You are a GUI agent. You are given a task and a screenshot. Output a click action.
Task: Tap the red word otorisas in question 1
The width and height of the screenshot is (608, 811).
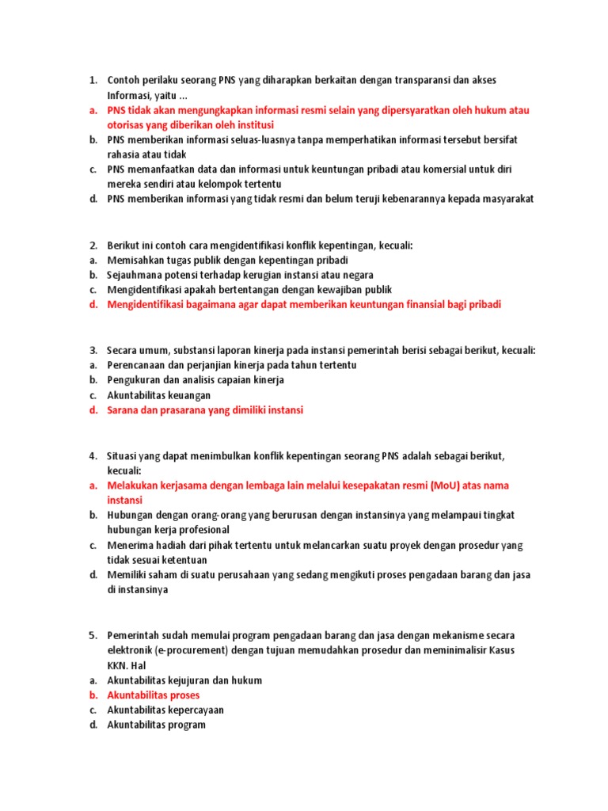[x=126, y=125]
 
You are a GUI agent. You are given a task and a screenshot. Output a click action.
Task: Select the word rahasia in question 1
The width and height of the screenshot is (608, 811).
[x=123, y=154]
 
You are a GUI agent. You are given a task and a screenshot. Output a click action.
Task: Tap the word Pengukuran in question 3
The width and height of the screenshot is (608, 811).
[x=134, y=380]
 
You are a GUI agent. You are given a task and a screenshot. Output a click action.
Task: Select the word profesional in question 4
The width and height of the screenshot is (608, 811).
[x=205, y=530]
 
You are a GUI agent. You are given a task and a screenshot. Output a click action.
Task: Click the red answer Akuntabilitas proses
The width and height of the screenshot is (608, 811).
[x=154, y=695]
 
